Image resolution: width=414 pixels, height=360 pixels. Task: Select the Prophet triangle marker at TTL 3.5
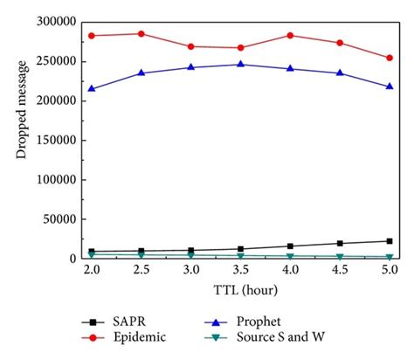coord(240,64)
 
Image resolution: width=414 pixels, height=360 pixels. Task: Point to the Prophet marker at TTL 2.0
coord(90,88)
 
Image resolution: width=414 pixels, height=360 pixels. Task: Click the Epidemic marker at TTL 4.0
coord(290,36)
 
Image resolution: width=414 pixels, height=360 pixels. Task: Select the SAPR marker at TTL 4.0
coord(290,246)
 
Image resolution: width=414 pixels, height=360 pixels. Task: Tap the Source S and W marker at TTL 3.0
coord(190,255)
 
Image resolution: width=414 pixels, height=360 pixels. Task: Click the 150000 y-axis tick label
coord(54,140)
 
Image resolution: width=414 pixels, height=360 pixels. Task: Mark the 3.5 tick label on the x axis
coord(240,271)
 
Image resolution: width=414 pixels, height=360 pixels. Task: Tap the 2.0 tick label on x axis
coord(90,271)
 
